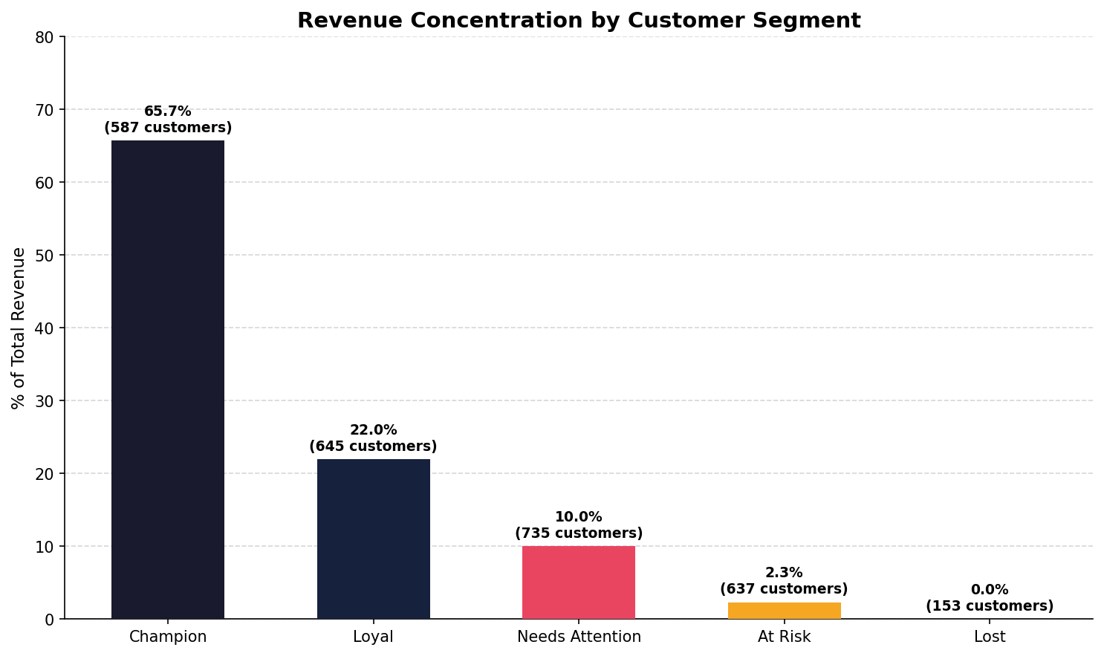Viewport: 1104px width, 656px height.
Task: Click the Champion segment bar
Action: pyautogui.click(x=168, y=379)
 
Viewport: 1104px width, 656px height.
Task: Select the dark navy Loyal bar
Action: pyautogui.click(x=373, y=539)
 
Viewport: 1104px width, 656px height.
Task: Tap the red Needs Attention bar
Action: pyautogui.click(x=578, y=582)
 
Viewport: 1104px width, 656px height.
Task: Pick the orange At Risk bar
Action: pyautogui.click(x=784, y=611)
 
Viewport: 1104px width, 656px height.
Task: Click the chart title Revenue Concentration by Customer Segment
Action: pyautogui.click(x=579, y=21)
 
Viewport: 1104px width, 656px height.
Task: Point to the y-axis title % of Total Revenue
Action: pyautogui.click(x=19, y=328)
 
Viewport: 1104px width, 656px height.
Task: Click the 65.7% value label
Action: pyautogui.click(x=168, y=111)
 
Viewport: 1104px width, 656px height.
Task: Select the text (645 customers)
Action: pyautogui.click(x=373, y=446)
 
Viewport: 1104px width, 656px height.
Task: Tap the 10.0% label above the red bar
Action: pyautogui.click(x=578, y=517)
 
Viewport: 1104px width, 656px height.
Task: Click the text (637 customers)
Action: pyautogui.click(x=784, y=589)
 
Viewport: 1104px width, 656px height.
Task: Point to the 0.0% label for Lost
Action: pyautogui.click(x=989, y=590)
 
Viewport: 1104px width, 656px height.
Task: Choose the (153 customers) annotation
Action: pyautogui.click(x=989, y=606)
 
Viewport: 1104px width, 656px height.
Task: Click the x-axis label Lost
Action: pyautogui.click(x=989, y=637)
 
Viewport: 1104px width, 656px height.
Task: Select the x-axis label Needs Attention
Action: pyautogui.click(x=578, y=637)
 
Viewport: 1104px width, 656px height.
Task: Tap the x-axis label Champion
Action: pyautogui.click(x=168, y=637)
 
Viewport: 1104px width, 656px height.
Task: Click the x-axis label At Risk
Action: pyautogui.click(x=784, y=637)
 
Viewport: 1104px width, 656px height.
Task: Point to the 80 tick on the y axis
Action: pyautogui.click(x=45, y=37)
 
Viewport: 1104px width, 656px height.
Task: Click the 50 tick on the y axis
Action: pyautogui.click(x=45, y=256)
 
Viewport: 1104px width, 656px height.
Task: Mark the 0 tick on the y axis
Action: pyautogui.click(x=50, y=620)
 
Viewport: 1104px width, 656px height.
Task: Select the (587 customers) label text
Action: pyautogui.click(x=168, y=128)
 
